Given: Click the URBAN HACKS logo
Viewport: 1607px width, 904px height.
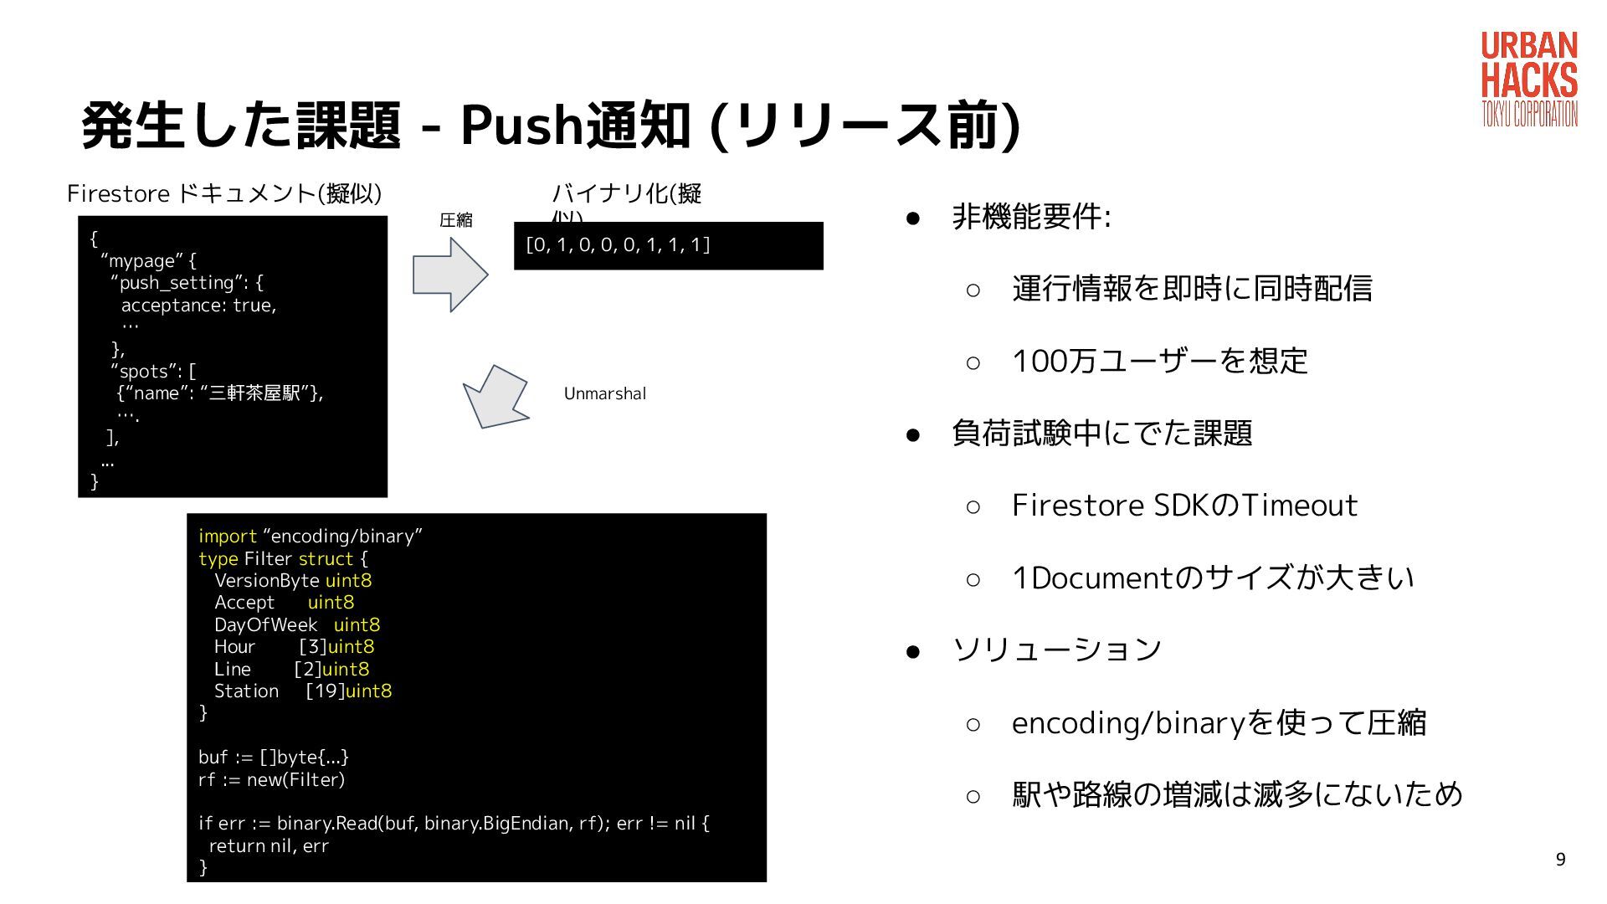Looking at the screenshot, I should (x=1529, y=80).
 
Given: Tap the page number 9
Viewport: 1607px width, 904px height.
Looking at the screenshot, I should (x=1560, y=860).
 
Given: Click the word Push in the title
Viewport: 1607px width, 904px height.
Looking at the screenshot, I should (x=521, y=126).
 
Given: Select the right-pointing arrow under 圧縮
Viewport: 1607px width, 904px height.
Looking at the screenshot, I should (x=450, y=275).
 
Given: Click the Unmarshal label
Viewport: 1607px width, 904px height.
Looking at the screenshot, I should (x=604, y=393).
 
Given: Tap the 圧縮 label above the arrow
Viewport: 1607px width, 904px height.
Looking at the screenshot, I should (x=456, y=220).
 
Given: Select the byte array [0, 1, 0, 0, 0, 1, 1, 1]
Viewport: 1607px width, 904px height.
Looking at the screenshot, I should (x=618, y=244).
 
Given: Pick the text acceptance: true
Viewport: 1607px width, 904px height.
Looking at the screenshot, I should (x=198, y=306).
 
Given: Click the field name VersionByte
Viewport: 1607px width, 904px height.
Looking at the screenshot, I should (x=267, y=580).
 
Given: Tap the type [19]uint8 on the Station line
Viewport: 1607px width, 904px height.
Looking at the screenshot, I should (x=348, y=691).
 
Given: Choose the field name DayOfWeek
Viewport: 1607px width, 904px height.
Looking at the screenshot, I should (x=265, y=624).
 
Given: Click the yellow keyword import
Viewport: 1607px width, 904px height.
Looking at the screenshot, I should (x=227, y=536).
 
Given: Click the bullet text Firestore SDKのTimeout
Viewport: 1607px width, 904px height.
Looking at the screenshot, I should (x=1183, y=506).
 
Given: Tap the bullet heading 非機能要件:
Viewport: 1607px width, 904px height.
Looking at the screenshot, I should (x=1031, y=217).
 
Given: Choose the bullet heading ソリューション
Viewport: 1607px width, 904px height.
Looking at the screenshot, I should (x=1057, y=650).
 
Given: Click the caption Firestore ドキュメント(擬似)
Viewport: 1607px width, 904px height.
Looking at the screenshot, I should (x=224, y=193).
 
